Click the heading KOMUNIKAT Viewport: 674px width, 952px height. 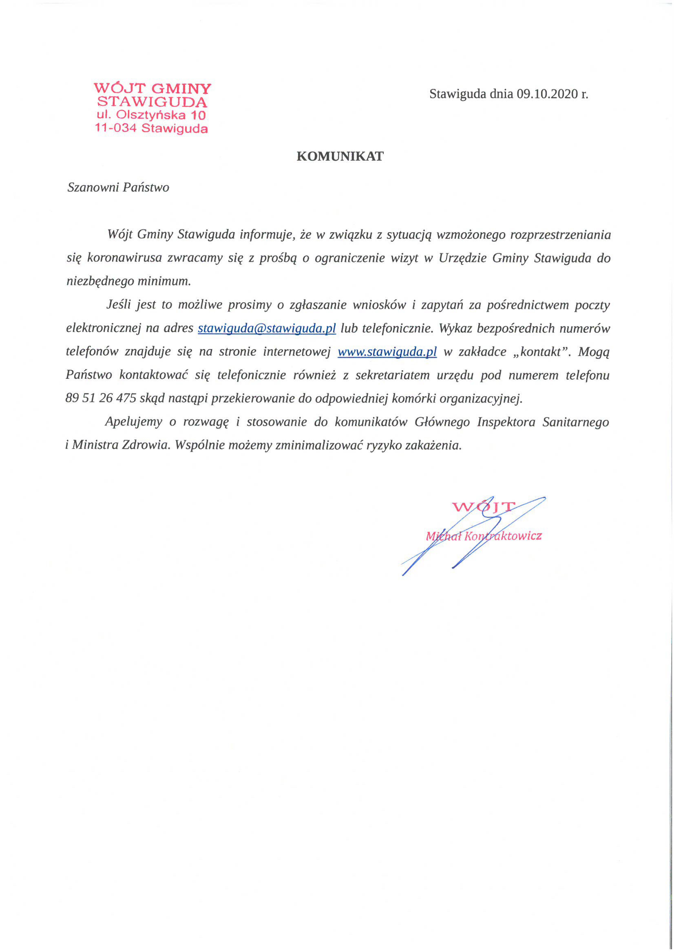click(x=340, y=156)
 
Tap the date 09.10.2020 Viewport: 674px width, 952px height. click(x=547, y=94)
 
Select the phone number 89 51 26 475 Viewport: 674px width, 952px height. click(x=101, y=398)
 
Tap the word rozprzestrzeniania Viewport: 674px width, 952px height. click(x=560, y=235)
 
